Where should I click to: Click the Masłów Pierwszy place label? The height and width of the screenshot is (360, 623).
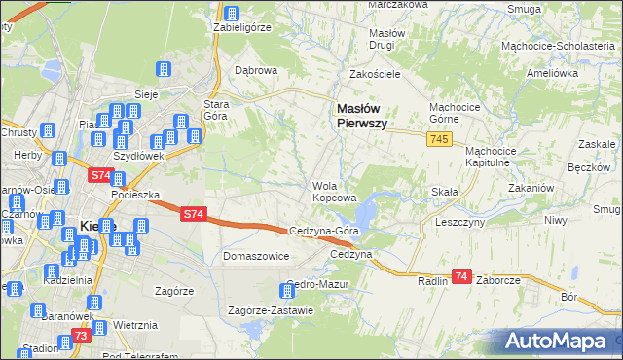[x=362, y=117]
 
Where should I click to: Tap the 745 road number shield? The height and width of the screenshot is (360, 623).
[x=437, y=141]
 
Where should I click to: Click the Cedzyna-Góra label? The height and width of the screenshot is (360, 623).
[x=326, y=231]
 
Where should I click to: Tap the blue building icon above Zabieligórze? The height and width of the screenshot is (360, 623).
[x=232, y=14]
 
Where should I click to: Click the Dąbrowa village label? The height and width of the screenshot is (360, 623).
[x=257, y=71]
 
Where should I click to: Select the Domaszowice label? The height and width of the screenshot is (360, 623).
[x=257, y=257]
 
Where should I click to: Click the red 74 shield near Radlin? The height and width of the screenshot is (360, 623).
[x=461, y=277]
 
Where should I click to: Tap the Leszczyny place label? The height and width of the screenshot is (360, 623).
[x=460, y=221]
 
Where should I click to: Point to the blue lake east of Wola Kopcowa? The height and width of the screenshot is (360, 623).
[x=368, y=210]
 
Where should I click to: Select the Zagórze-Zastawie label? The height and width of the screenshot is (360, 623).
[x=270, y=311]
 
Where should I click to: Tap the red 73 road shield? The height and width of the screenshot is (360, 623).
[x=81, y=336]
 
